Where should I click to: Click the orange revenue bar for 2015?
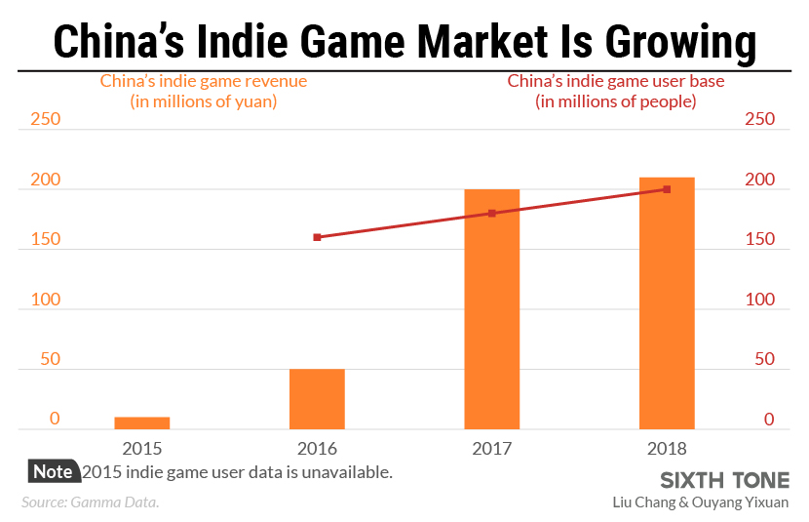coord(142,422)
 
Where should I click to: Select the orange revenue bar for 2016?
coord(317,399)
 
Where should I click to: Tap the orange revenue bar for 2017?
coord(491,309)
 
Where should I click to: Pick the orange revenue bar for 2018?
coord(667,303)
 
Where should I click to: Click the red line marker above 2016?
coord(317,237)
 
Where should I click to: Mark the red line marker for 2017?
coord(491,213)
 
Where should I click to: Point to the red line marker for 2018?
coord(667,189)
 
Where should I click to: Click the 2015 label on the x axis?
coord(142,449)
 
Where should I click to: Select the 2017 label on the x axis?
coord(491,449)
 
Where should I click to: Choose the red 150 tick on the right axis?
coord(759,240)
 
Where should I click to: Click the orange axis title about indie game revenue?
coord(204,91)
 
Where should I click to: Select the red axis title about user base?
coord(615,91)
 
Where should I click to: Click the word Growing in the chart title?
coord(681,42)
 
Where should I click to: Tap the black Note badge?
coord(53,471)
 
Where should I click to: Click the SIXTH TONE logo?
coord(724,481)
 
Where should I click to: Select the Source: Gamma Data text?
coord(90,502)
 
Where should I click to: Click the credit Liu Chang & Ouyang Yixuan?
coord(700,502)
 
